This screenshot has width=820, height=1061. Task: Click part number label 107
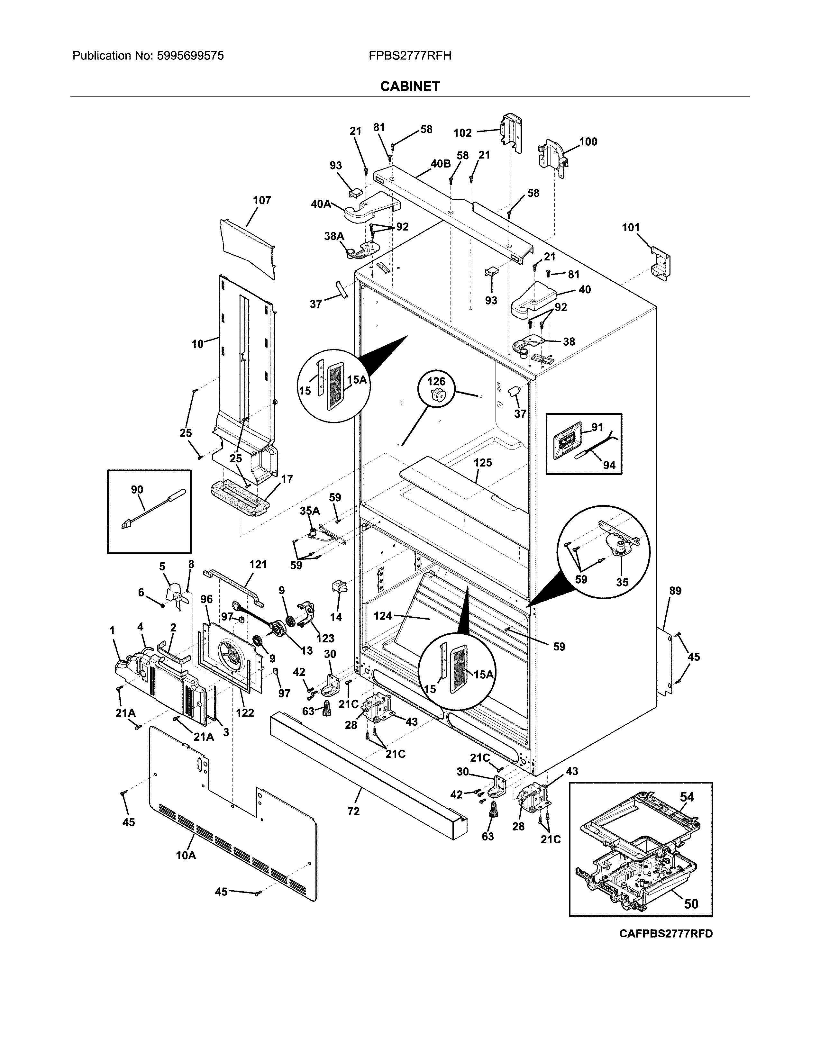tap(262, 200)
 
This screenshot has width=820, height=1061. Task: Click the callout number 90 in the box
tap(137, 490)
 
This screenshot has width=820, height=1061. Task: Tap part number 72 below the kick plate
tap(354, 811)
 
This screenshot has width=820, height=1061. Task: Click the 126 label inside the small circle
tap(436, 382)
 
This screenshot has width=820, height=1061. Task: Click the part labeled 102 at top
tap(462, 132)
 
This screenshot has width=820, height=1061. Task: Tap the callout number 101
tap(631, 227)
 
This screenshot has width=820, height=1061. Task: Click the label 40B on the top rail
tap(440, 163)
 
